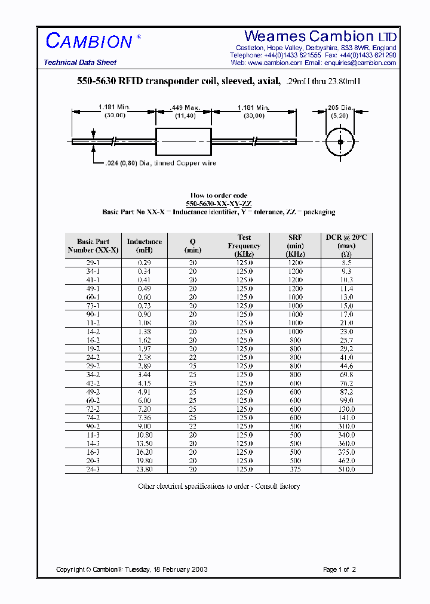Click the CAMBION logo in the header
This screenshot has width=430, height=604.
90,41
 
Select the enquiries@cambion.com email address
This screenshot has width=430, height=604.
360,63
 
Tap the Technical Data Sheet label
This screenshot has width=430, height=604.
80,63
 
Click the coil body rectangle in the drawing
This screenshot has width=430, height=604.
183,142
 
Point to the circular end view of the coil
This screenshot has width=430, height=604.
340,142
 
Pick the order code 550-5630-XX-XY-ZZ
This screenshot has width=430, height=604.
219,204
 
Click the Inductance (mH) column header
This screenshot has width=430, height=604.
145,246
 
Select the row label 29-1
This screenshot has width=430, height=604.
93,263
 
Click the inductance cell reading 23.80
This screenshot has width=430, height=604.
145,470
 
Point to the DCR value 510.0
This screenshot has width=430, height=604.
346,470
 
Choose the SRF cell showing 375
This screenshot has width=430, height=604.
295,470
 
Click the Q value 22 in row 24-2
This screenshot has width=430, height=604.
193,358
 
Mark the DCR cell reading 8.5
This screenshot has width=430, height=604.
346,263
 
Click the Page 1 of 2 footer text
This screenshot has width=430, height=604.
339,569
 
